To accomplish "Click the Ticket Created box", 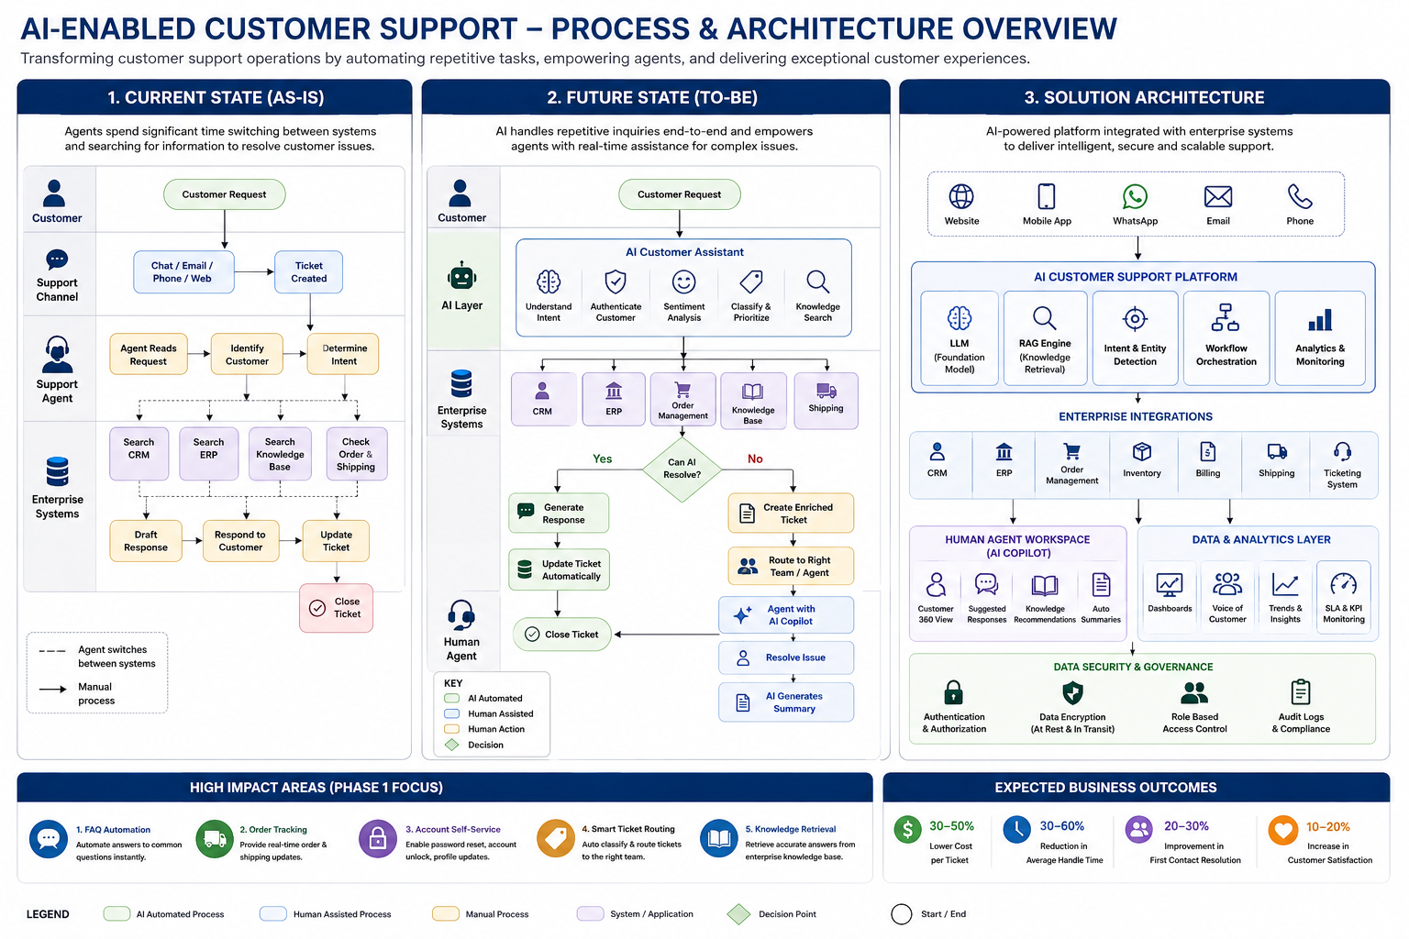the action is point(308,271).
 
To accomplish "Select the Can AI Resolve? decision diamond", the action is point(682,469).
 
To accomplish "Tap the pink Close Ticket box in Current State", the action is point(336,608).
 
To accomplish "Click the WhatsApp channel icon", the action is point(1135,197).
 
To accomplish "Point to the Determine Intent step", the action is point(343,354).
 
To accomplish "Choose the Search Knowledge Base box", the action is point(280,454).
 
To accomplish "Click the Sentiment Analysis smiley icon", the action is point(683,282).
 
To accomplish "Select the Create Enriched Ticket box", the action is point(791,514).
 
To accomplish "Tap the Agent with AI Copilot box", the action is point(786,614).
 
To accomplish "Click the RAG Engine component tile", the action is point(1045,337).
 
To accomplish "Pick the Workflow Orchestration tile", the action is point(1226,337).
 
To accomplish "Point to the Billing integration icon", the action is point(1208,451).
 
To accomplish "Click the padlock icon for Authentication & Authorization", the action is point(954,691).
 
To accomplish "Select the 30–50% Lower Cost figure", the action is point(951,826).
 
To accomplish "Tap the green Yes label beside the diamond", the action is point(602,458).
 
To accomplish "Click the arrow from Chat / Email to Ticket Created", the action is point(254,271).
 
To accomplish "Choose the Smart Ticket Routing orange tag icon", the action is point(555,838).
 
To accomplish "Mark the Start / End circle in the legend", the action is point(902,914).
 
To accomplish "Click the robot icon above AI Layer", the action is point(461,275).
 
